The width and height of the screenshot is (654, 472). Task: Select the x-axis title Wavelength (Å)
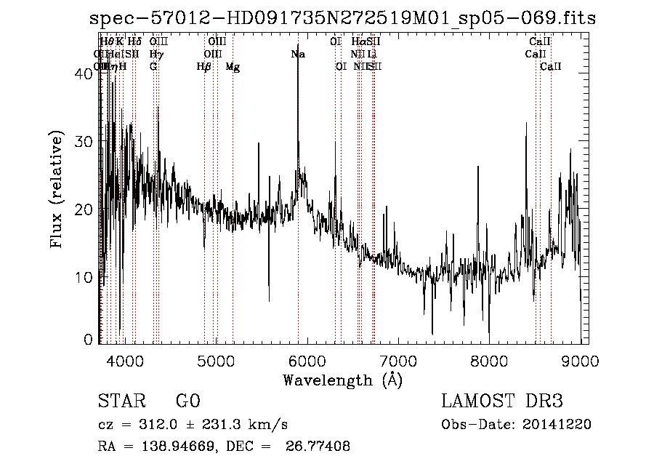[x=342, y=379]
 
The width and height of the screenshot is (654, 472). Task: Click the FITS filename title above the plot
[x=342, y=19]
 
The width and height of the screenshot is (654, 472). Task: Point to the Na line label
[x=297, y=54]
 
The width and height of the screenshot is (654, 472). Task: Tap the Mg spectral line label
[x=232, y=66]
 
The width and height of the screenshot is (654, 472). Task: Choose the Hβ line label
[x=203, y=66]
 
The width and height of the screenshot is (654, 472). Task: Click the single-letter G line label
[x=153, y=66]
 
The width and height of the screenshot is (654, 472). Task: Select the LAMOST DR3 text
[x=501, y=401]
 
